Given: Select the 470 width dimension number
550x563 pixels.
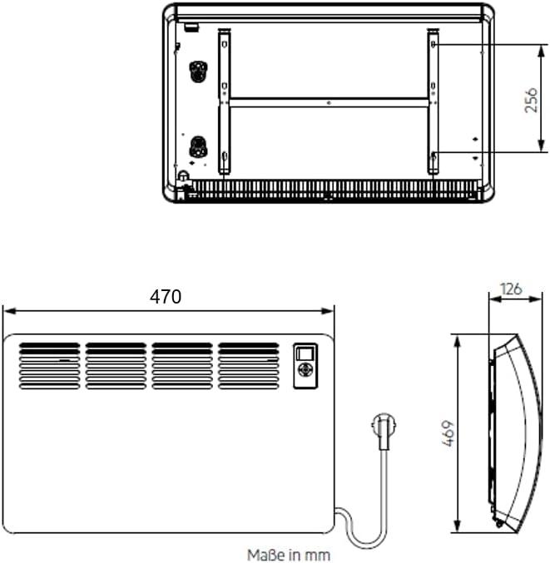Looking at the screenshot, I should click(166, 297).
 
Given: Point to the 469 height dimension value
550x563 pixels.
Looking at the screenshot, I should click(448, 433).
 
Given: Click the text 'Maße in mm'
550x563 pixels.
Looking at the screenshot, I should click(289, 553).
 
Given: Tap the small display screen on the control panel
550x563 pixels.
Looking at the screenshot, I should click(305, 352).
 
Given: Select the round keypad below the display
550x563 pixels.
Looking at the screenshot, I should click(305, 371).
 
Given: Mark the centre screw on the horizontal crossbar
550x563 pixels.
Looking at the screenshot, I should click(329, 102).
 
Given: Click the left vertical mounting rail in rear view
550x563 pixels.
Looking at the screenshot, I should click(224, 101).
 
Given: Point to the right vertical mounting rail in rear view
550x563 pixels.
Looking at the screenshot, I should click(433, 101).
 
